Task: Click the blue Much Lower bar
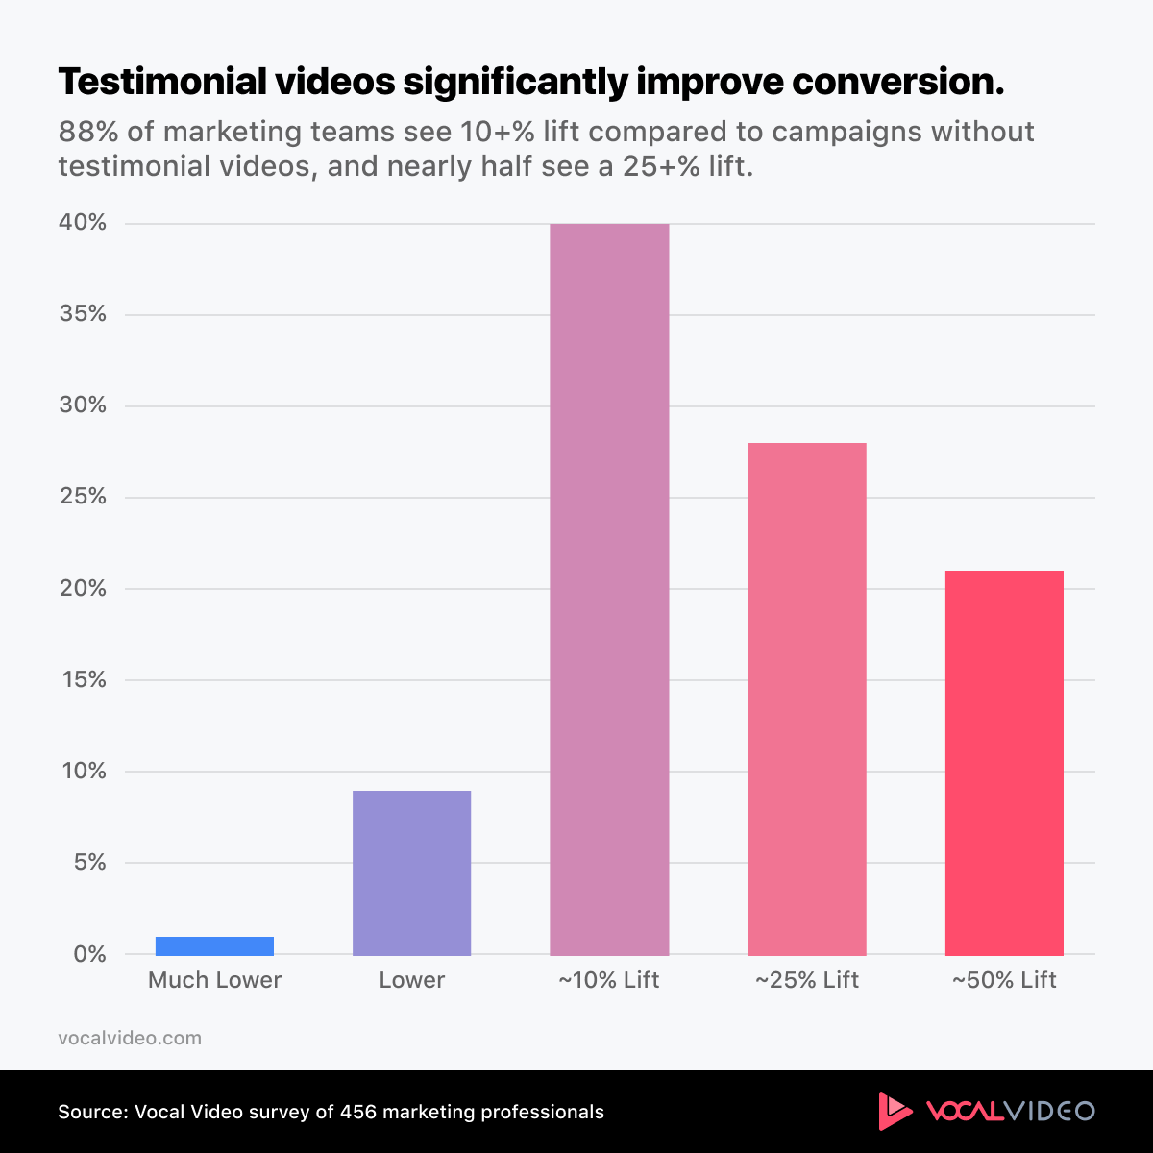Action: tap(214, 945)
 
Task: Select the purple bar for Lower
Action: tap(411, 872)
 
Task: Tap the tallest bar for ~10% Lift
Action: tap(609, 589)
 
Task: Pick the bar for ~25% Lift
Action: tap(807, 699)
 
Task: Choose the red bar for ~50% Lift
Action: tap(1004, 763)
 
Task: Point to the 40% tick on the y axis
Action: tap(84, 223)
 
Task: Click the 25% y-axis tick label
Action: tap(84, 497)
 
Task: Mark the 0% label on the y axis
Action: tap(88, 954)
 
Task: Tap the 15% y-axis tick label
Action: tap(84, 679)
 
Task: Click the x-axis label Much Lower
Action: tap(214, 980)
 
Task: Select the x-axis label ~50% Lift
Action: tap(1004, 980)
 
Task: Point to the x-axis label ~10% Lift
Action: tap(609, 980)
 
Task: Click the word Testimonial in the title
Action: tap(161, 83)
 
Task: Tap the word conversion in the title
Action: tap(896, 83)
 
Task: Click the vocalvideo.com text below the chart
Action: tap(130, 1038)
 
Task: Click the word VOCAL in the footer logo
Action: tap(964, 1112)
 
